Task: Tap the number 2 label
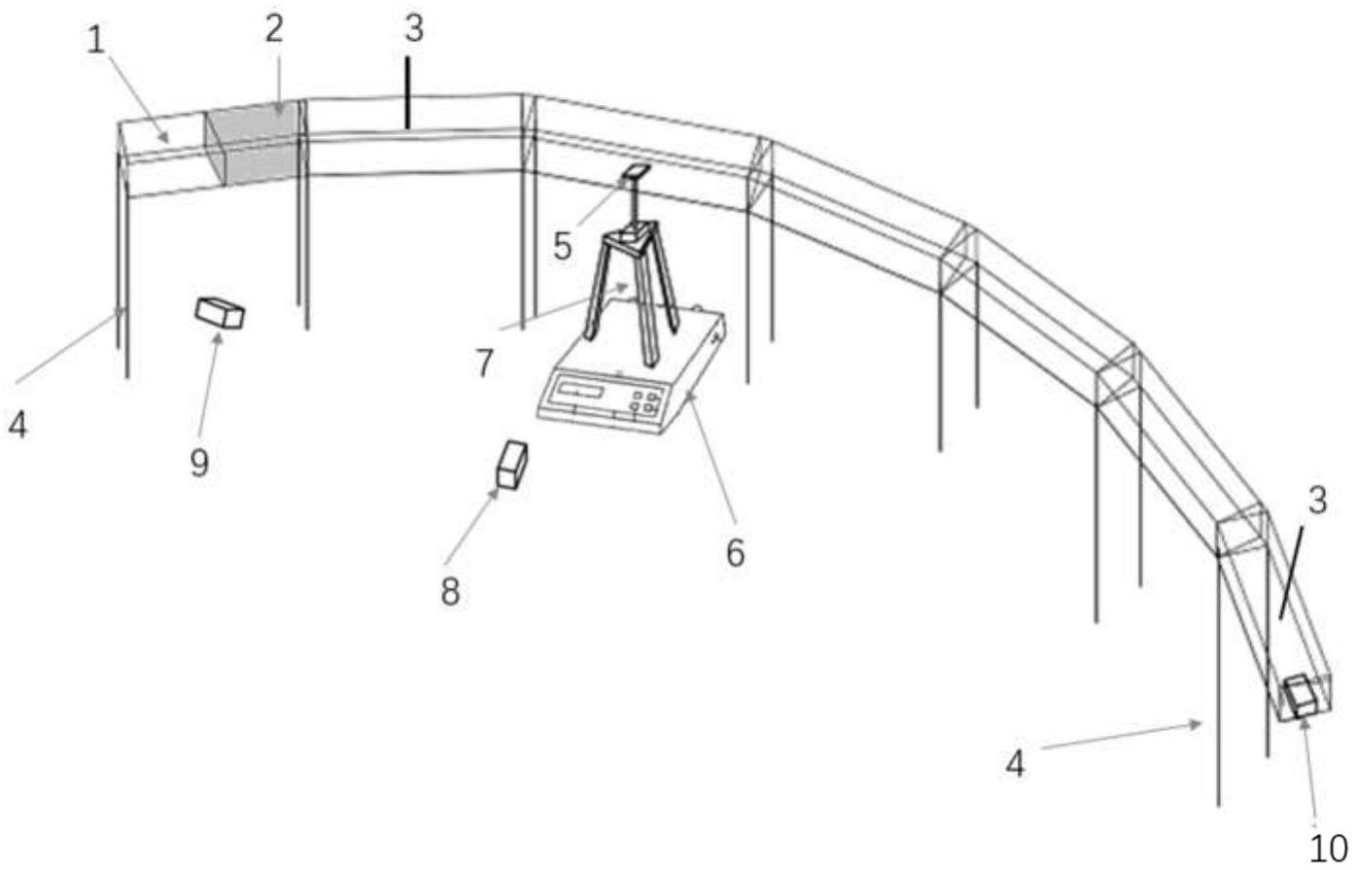click(274, 29)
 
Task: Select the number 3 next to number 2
click(414, 28)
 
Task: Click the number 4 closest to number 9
click(17, 425)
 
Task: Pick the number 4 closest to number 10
click(1015, 763)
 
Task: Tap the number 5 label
click(563, 246)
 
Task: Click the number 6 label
click(735, 553)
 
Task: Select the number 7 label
click(483, 364)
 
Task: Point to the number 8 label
click(450, 592)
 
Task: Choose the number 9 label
click(199, 464)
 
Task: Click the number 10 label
click(1329, 850)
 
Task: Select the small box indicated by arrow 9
click(220, 313)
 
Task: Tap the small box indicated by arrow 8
click(512, 465)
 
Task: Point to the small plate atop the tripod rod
click(636, 171)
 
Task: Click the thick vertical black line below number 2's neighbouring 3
click(408, 92)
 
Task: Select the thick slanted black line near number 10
click(1291, 573)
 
